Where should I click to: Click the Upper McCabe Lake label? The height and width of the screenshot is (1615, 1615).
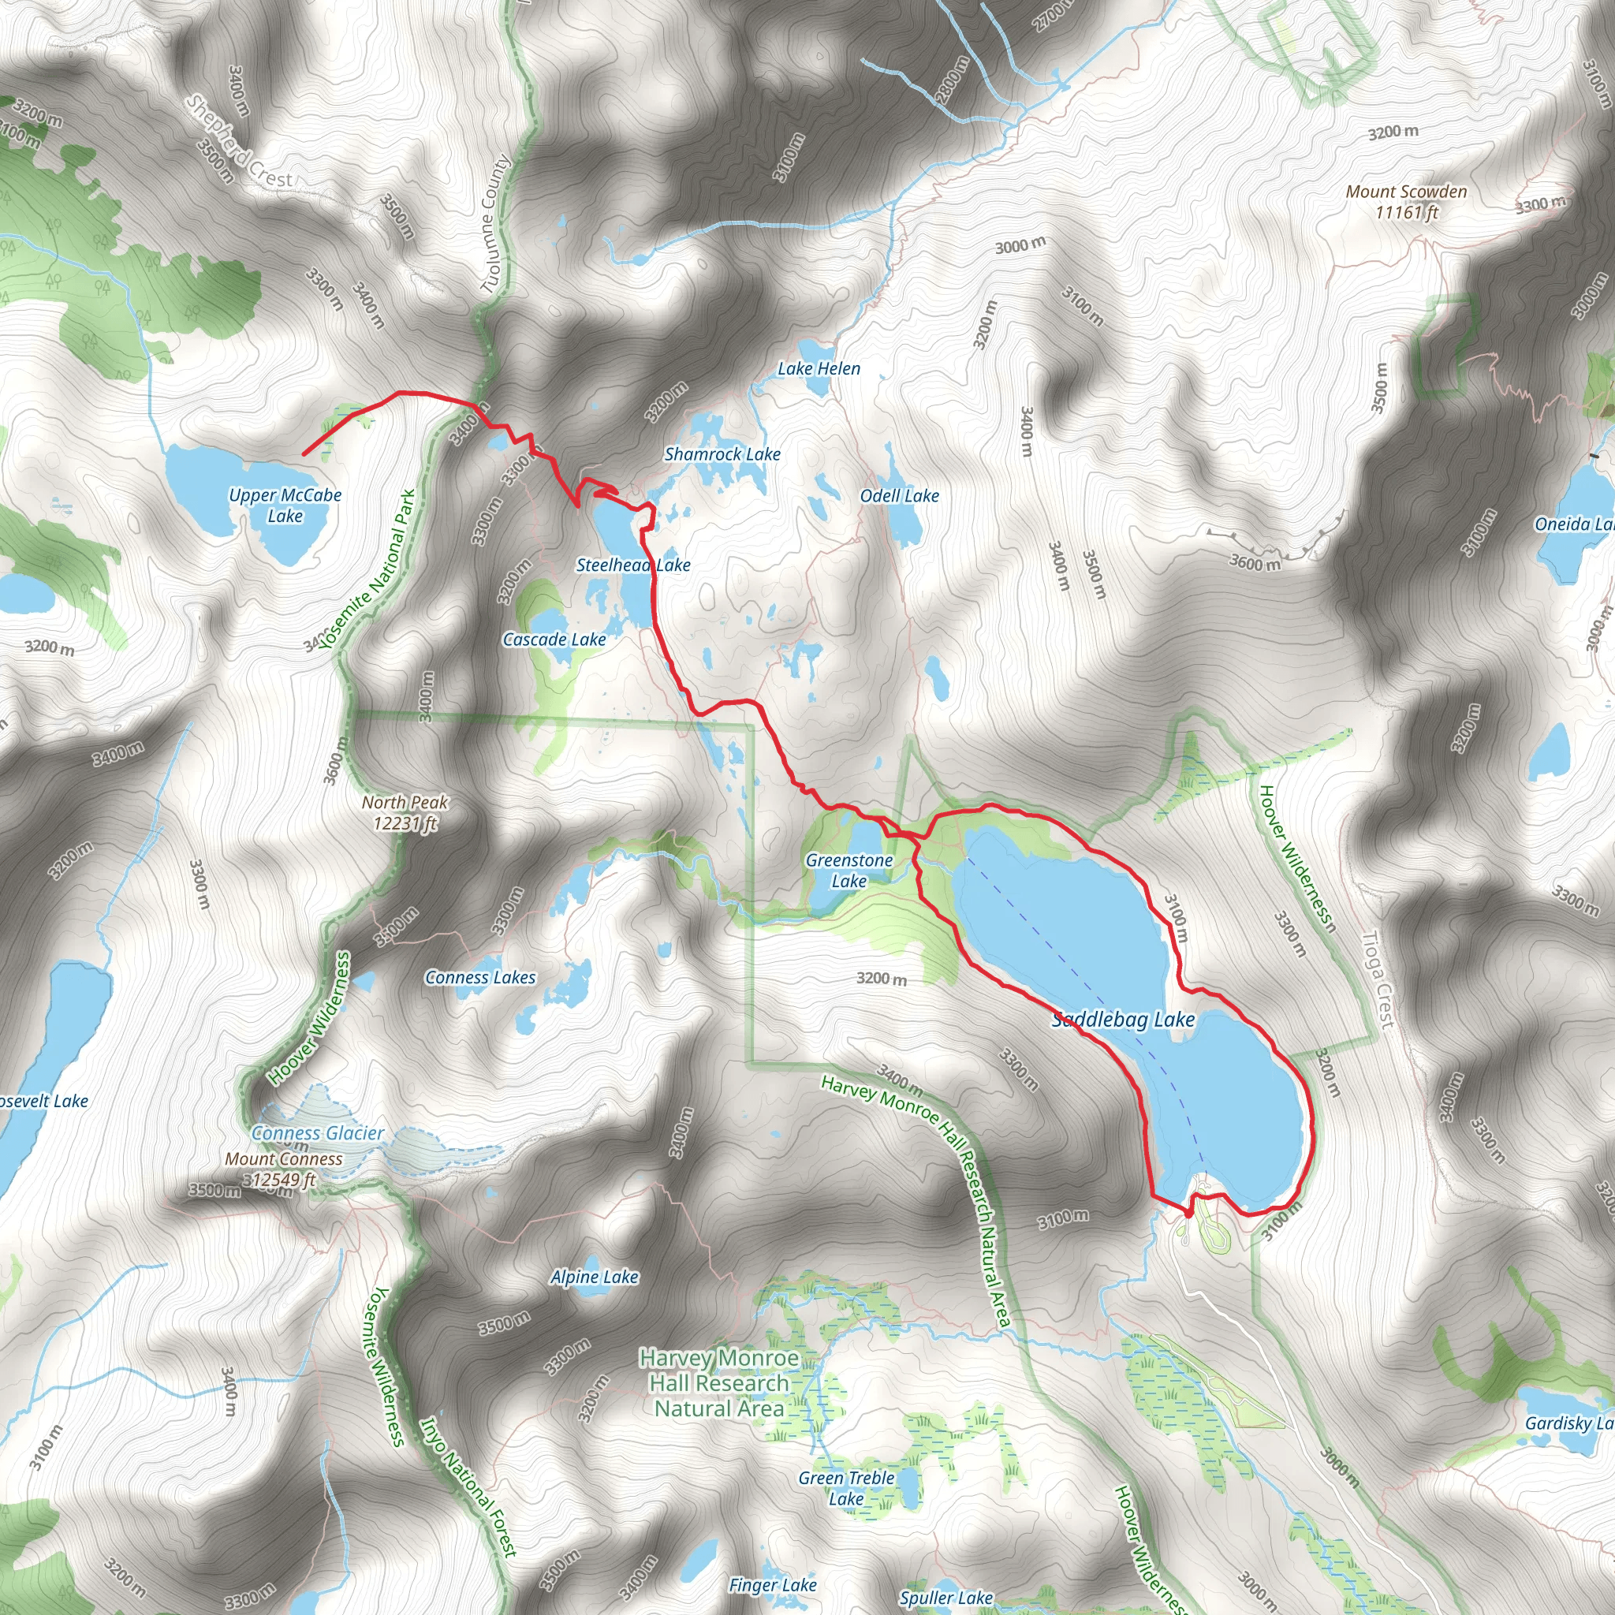click(x=285, y=505)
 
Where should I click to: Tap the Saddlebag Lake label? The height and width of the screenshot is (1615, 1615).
click(x=1123, y=1019)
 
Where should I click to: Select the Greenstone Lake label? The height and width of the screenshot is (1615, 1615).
click(x=849, y=871)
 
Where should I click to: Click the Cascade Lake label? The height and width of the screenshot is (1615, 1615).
click(x=554, y=640)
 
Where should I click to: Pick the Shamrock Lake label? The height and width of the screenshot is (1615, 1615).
click(x=722, y=454)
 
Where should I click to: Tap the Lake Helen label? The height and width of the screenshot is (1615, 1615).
click(x=819, y=368)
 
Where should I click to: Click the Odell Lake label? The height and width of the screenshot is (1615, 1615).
click(x=900, y=496)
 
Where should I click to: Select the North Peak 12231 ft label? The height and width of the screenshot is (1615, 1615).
click(x=405, y=812)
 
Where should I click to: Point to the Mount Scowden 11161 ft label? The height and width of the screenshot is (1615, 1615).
click(x=1406, y=201)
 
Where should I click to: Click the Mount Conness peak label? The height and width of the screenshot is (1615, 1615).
click(x=283, y=1169)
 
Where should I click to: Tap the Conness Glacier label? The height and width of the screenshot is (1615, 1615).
click(x=318, y=1133)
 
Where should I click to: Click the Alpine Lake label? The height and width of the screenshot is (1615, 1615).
click(x=595, y=1277)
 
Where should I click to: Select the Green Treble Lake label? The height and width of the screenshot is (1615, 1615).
click(x=846, y=1488)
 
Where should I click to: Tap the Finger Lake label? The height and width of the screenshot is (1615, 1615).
click(x=772, y=1585)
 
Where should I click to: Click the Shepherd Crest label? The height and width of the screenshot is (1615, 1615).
click(x=238, y=141)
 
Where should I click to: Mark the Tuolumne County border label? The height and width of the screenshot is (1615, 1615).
click(x=495, y=224)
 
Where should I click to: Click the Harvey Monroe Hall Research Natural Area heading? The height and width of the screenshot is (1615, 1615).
click(x=719, y=1382)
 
